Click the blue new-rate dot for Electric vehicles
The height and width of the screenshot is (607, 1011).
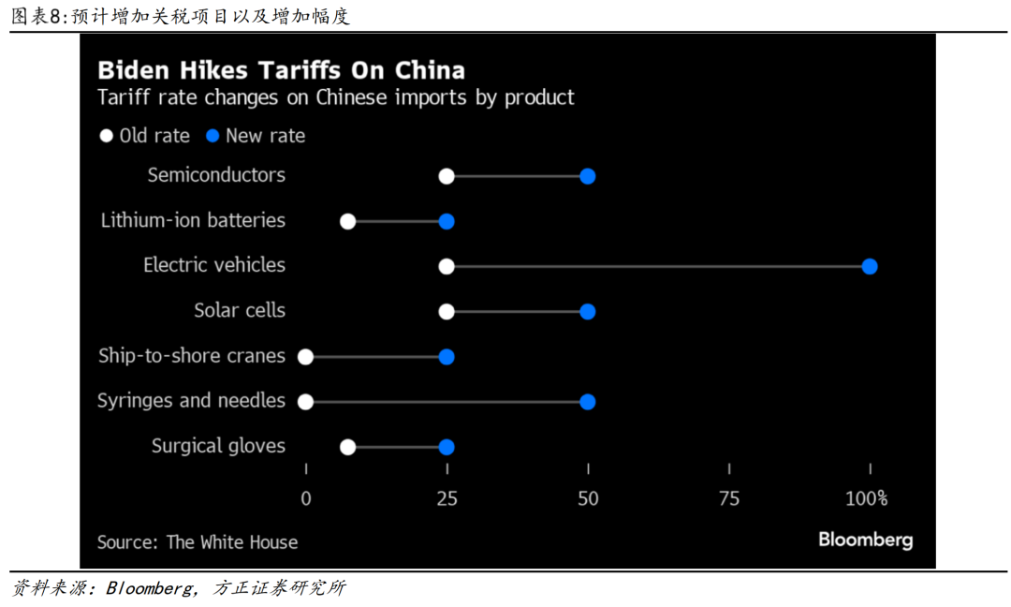869,267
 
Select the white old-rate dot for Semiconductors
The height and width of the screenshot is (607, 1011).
447,177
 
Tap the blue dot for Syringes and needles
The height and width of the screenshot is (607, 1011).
587,402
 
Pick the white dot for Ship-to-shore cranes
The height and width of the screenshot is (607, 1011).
305,357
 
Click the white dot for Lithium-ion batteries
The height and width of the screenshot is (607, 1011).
347,222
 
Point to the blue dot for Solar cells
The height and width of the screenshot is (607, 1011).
587,312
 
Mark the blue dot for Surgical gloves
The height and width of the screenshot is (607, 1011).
447,447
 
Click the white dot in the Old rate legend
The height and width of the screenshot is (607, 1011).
107,136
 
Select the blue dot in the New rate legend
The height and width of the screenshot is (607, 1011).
212,136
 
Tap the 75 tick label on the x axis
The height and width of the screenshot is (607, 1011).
728,498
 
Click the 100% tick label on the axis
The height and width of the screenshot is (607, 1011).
866,498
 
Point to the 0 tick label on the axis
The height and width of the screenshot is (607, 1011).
306,498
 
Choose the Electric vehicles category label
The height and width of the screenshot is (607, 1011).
214,265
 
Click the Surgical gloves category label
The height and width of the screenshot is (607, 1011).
218,446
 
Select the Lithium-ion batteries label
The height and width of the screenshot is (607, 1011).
193,220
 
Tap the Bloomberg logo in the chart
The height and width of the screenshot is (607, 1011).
865,540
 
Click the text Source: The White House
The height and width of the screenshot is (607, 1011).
198,542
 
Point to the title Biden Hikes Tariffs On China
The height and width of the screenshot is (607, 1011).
281,70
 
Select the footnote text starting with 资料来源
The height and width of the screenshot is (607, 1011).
179,588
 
